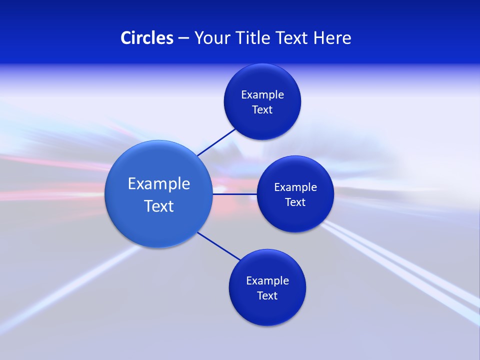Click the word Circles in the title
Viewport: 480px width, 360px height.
[146, 38]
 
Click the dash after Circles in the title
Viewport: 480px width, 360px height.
[183, 38]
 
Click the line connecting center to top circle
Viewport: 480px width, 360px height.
[216, 142]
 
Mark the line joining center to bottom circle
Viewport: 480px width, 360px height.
[219, 246]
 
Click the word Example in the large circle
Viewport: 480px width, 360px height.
[159, 184]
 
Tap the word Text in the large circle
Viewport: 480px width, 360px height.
[159, 206]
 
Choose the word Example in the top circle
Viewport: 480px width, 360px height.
[262, 95]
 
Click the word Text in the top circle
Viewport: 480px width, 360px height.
[262, 110]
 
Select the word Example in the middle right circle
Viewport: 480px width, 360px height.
[295, 187]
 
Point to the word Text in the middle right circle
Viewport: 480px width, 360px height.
[295, 202]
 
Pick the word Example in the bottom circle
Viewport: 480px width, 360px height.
[267, 281]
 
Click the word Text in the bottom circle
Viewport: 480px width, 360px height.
[267, 296]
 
